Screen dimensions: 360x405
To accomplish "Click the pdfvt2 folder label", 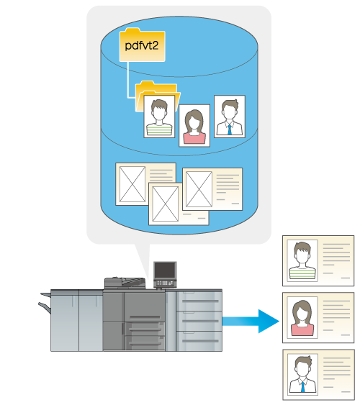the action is pyautogui.click(x=142, y=46).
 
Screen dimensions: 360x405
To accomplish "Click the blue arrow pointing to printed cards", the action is pyautogui.click(x=251, y=322).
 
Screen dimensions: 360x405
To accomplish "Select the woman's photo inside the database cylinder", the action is pyautogui.click(x=194, y=126).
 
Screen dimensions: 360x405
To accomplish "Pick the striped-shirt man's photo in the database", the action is pyautogui.click(x=159, y=117).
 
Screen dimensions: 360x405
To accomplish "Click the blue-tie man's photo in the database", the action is pyautogui.click(x=230, y=117).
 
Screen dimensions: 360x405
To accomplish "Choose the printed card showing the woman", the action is pyautogui.click(x=318, y=318).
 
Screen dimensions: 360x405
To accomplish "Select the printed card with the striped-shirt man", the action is pyautogui.click(x=318, y=260).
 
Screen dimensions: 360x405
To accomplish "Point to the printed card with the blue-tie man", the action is pyautogui.click(x=318, y=375).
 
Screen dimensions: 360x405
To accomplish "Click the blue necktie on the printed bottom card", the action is pyautogui.click(x=302, y=387).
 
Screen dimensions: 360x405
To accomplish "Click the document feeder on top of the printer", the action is pyautogui.click(x=125, y=283).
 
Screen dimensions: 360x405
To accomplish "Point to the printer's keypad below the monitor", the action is pyautogui.click(x=165, y=283).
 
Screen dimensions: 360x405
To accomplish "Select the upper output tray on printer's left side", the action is pyautogui.click(x=46, y=295).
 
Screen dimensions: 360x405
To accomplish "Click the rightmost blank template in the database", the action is pyautogui.click(x=212, y=189).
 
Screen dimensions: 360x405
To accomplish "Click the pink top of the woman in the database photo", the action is pyautogui.click(x=194, y=138).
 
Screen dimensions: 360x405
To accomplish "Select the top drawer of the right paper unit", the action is pyautogui.click(x=199, y=301).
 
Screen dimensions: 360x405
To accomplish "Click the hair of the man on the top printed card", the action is pyautogui.click(x=302, y=247).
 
